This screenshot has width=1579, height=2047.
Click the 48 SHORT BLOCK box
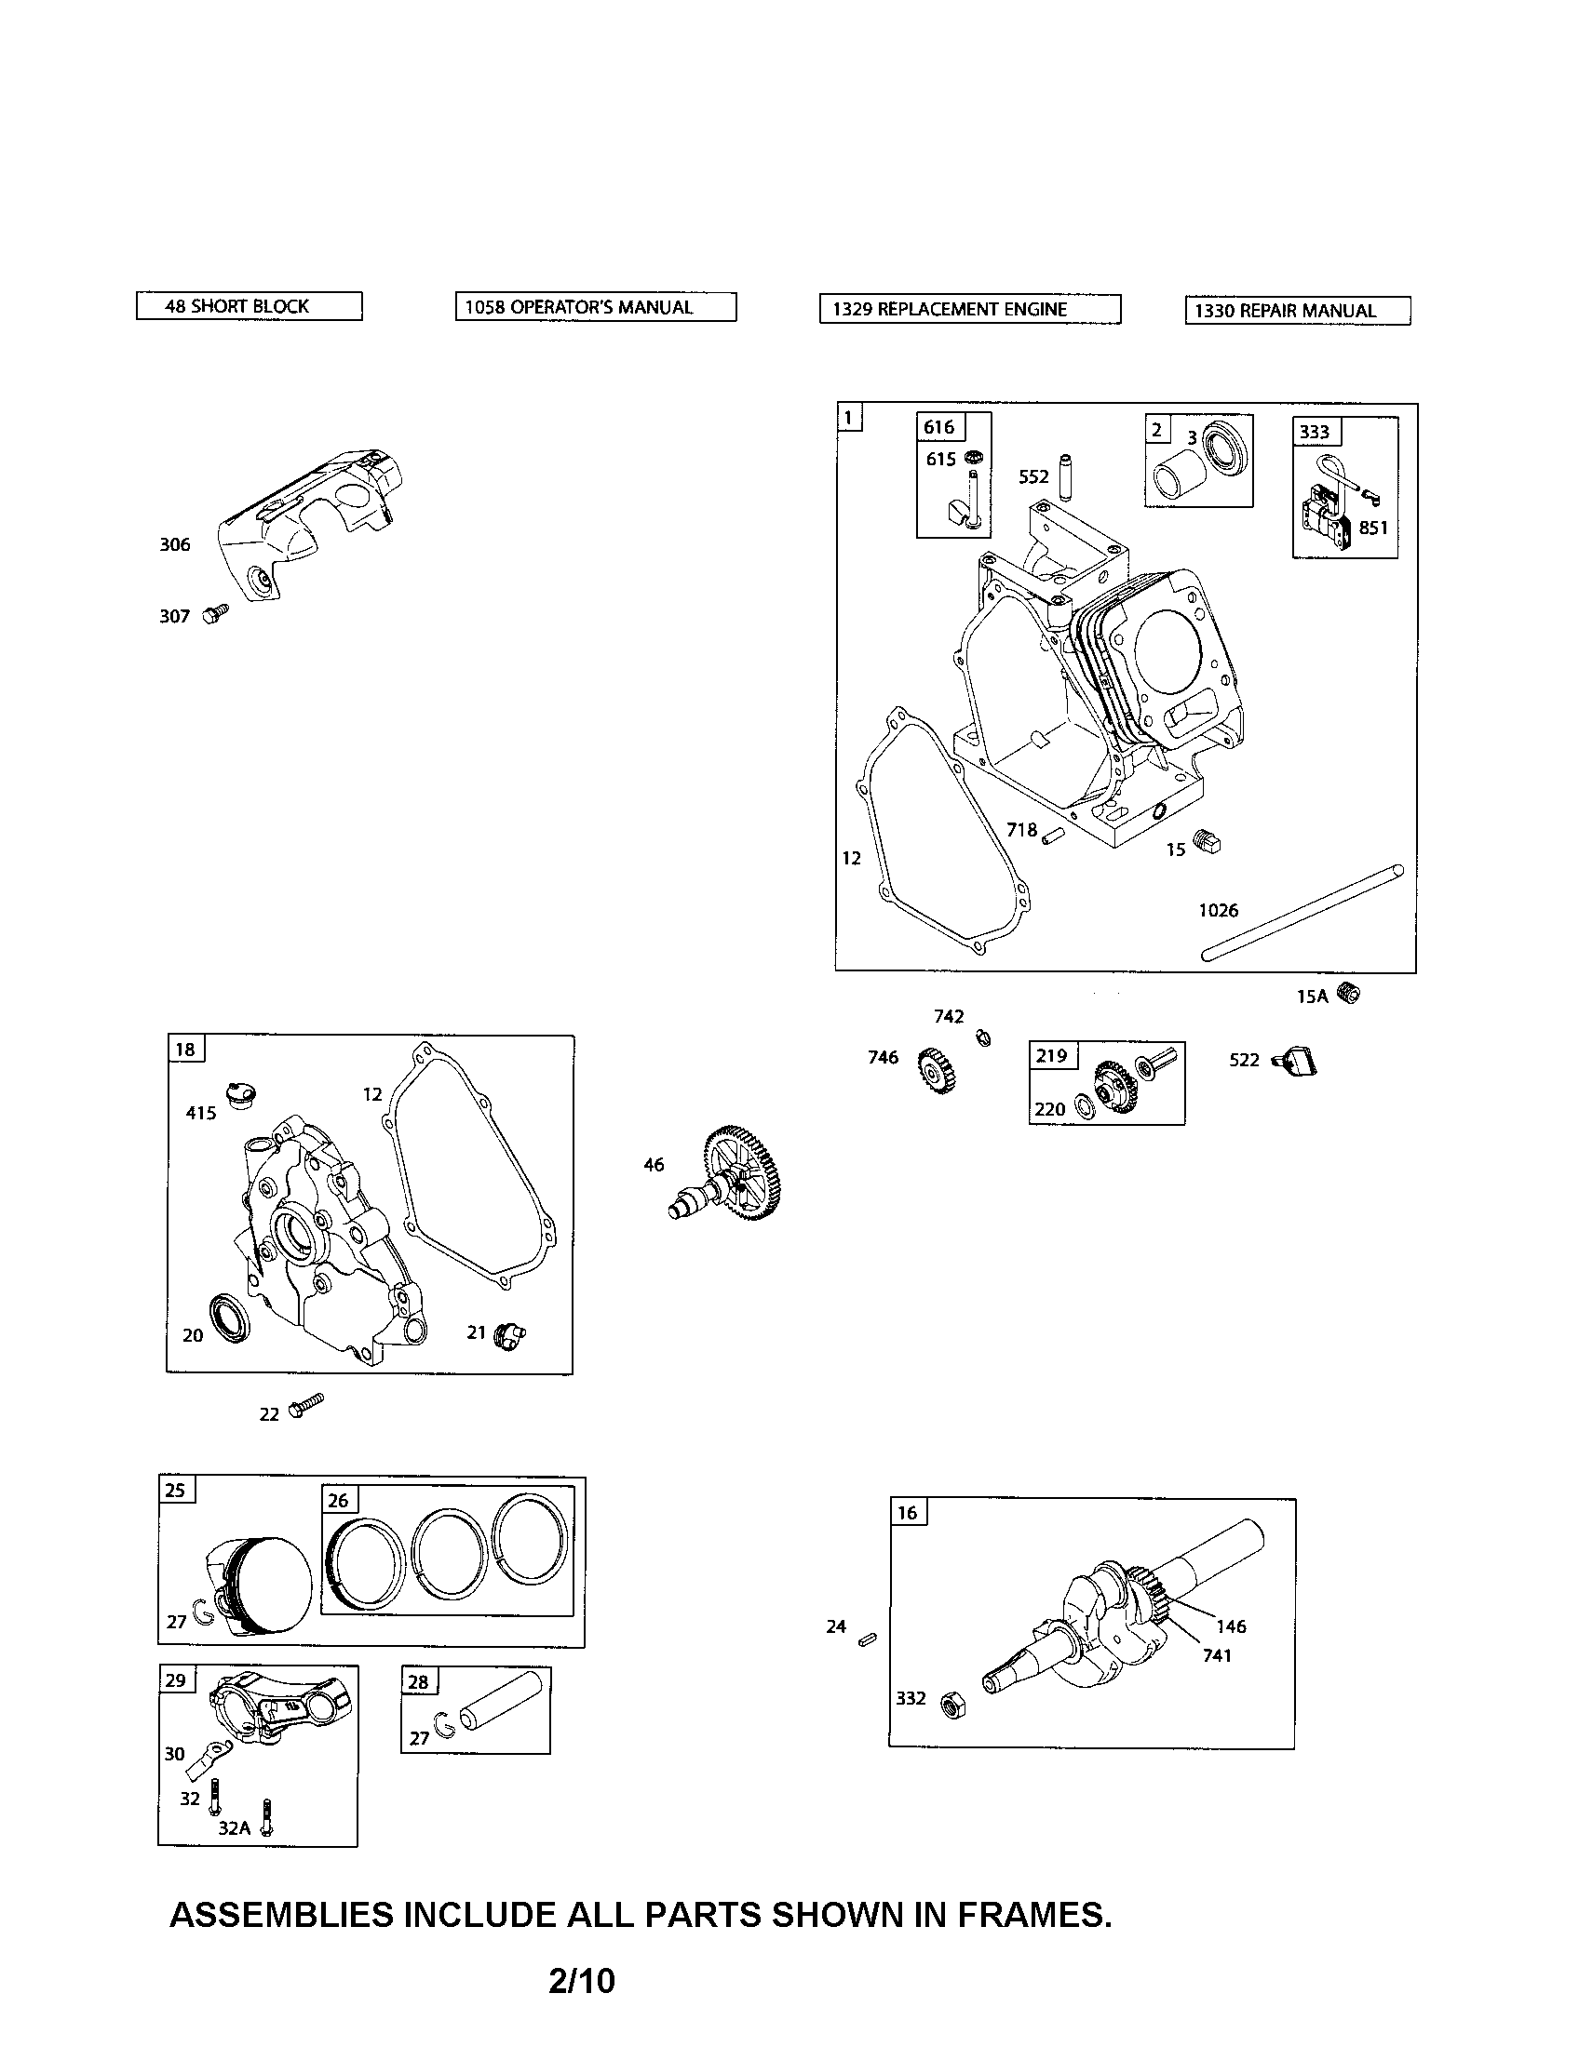(x=249, y=306)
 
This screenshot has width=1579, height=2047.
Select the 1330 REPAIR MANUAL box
(x=1297, y=311)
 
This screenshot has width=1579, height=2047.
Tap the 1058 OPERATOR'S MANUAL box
(x=596, y=307)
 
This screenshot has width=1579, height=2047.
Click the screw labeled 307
(x=216, y=613)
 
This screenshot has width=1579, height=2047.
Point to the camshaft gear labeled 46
(x=737, y=1177)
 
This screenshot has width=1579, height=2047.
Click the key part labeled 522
(x=1299, y=1062)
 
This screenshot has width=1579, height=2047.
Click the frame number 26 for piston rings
(x=339, y=1501)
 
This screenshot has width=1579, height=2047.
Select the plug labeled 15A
(x=1348, y=994)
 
